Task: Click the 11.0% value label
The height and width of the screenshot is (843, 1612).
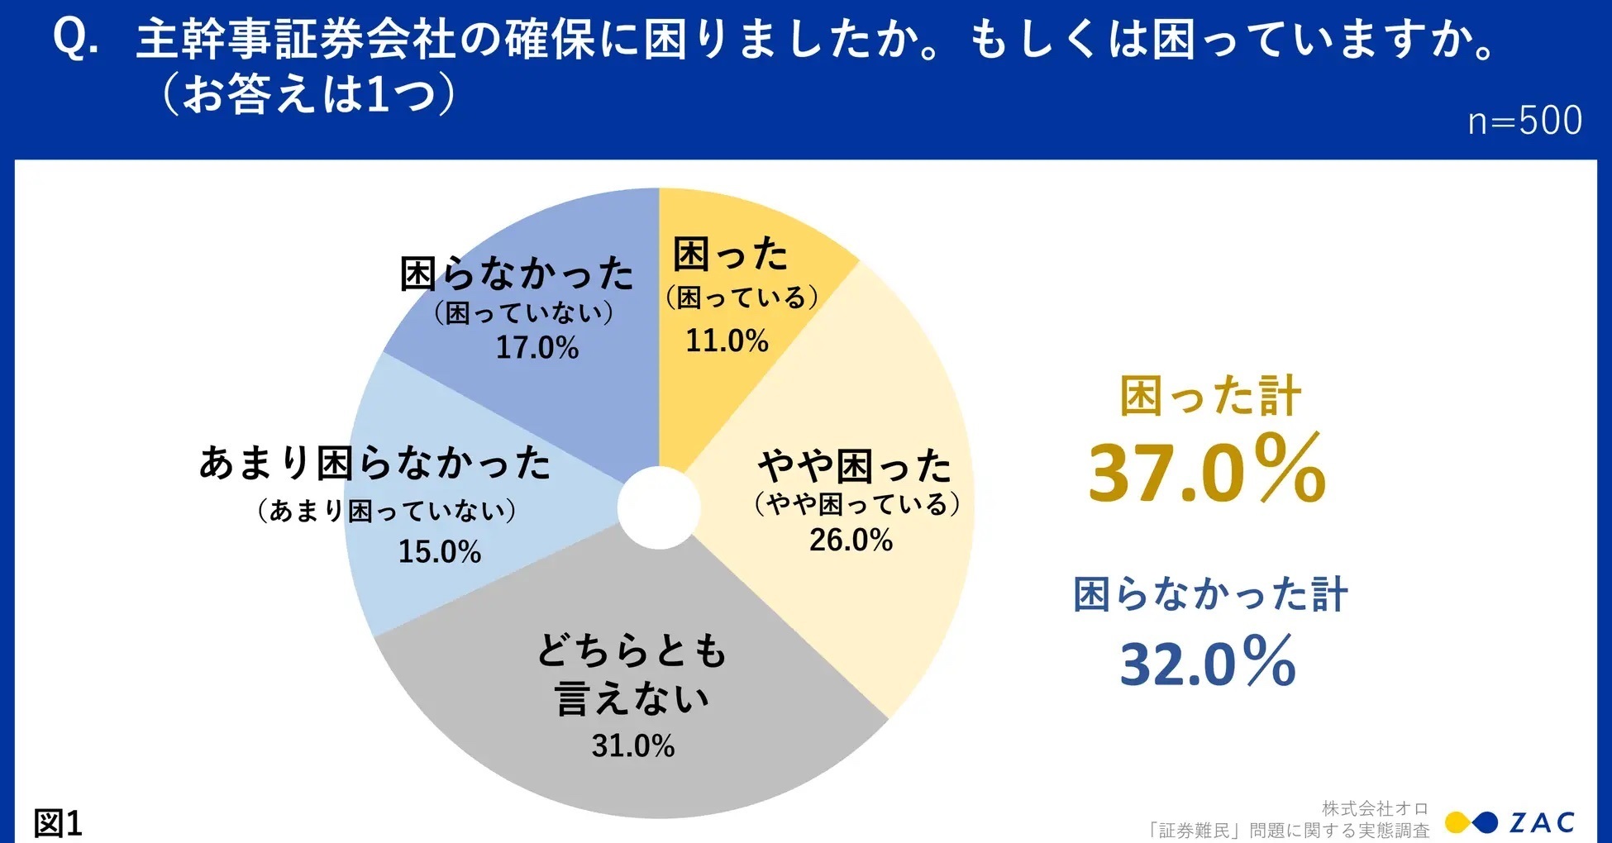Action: pos(727,341)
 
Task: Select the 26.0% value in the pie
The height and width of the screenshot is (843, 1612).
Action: pos(851,540)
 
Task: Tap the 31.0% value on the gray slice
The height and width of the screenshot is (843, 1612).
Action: pos(632,745)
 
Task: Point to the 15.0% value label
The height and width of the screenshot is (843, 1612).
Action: pos(439,551)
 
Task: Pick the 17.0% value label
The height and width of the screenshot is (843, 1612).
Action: pos(537,347)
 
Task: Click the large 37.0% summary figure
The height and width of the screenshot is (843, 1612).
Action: pos(1207,470)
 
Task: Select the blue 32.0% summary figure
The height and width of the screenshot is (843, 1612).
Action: pos(1207,662)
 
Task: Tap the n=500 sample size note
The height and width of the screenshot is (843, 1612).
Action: pos(1524,121)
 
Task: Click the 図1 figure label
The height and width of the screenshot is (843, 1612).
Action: pos(58,823)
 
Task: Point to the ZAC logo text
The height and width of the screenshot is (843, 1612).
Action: pos(1542,822)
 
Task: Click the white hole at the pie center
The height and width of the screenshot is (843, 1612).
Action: pos(659,507)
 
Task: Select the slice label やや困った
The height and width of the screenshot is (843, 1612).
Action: pos(855,466)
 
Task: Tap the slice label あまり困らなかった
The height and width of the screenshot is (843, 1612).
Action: pos(374,463)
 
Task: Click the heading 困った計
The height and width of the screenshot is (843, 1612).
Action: pos(1210,396)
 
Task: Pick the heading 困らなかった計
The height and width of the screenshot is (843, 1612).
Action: pos(1210,594)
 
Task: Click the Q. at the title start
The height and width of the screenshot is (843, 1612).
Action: pos(75,39)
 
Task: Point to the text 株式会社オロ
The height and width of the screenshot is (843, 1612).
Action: pos(1375,807)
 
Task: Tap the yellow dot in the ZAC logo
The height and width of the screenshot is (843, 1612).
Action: pos(1458,822)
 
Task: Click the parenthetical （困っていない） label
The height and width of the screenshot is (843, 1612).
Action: pos(523,312)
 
